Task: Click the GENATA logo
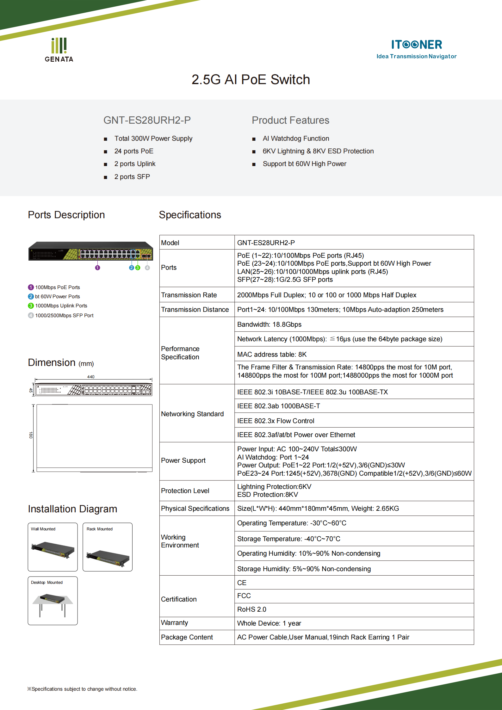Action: pos(59,50)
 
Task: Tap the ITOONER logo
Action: pos(416,48)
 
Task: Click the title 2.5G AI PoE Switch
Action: pos(251,80)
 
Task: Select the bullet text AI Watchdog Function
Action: pos(295,139)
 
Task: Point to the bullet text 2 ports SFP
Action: pos(132,177)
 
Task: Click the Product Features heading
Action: pos(290,120)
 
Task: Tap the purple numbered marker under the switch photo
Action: pos(97,268)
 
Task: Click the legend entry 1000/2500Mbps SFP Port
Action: pos(64,315)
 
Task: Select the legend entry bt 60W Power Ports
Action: pos(57,296)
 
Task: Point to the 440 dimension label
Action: pos(91,377)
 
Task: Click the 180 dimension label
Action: pos(31,435)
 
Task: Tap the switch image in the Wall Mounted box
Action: pos(53,550)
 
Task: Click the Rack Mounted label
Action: pos(99,529)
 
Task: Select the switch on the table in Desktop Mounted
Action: pos(52,598)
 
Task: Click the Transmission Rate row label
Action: pos(189,295)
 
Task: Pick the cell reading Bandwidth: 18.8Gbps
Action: pos(269,324)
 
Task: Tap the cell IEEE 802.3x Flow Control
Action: pos(276,421)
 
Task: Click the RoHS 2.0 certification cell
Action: pos(251,609)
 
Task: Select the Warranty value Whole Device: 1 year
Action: pos(269,623)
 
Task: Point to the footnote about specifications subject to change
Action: pos(82,689)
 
